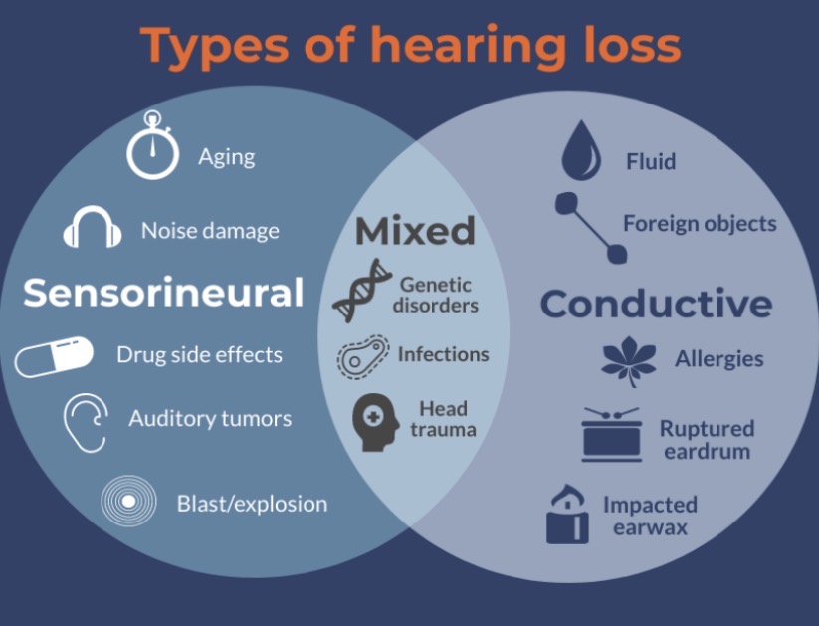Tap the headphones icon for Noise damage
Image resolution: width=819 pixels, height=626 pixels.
93,229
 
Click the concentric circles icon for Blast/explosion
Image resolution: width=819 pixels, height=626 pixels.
129,501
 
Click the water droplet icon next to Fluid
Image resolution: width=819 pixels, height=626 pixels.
581,151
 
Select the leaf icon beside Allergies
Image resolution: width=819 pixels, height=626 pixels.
629,360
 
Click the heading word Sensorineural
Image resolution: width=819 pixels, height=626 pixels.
163,293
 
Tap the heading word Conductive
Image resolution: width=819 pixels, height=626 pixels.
656,304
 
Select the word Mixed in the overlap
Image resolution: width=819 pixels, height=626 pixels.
415,231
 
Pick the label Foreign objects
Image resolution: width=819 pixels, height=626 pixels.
700,223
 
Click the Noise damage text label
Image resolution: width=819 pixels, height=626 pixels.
210,231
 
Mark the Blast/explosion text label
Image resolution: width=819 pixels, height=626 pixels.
252,504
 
